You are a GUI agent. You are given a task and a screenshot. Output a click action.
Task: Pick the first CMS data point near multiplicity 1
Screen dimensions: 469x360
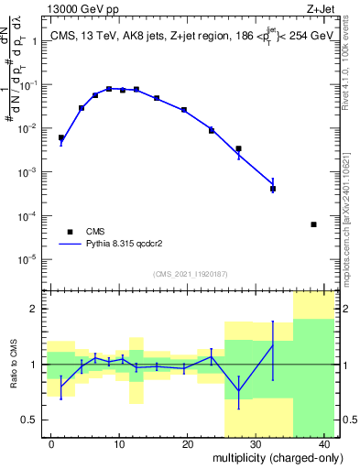pyautogui.click(x=61, y=138)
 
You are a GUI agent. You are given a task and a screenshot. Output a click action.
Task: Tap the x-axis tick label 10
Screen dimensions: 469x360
pyautogui.click(x=119, y=444)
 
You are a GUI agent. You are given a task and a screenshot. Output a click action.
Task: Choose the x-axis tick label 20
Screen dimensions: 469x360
pyautogui.click(x=187, y=444)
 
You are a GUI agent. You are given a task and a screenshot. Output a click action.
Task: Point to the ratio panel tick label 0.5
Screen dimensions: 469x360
pyautogui.click(x=33, y=420)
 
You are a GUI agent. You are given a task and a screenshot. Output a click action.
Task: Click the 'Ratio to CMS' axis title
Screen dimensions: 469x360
pyautogui.click(x=14, y=365)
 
